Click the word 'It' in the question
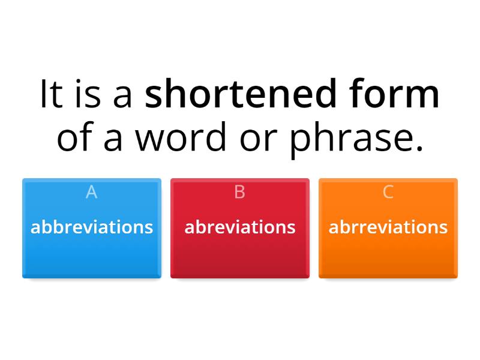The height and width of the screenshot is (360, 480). point(51,95)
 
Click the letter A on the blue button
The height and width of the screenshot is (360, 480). point(91,192)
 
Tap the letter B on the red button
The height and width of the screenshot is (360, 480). point(240,192)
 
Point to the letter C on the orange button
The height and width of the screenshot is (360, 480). point(388,192)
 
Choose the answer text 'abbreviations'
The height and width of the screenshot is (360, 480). point(92,227)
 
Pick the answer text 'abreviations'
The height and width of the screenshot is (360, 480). point(240,227)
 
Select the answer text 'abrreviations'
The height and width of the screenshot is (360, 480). point(388,227)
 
